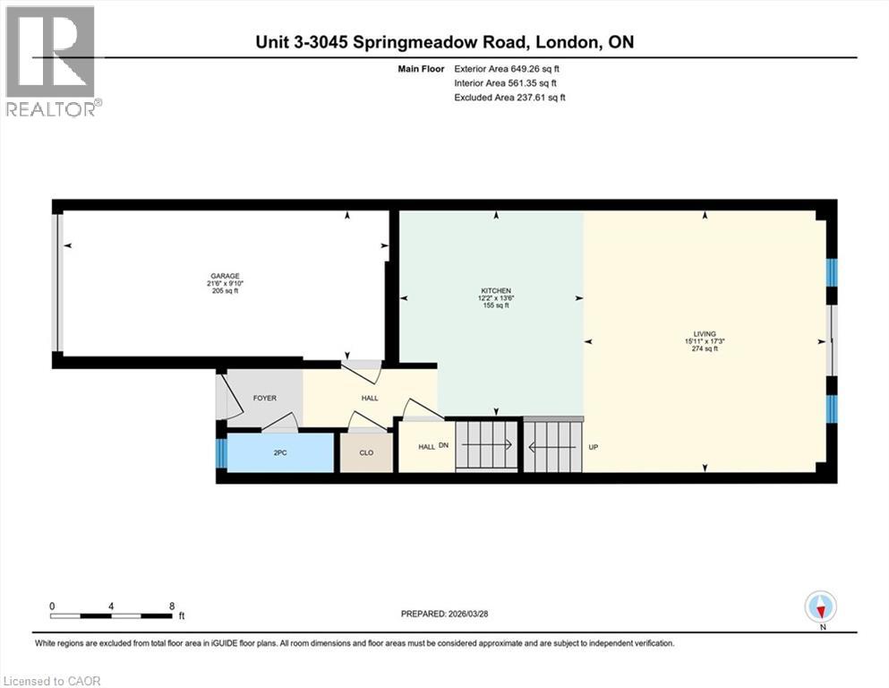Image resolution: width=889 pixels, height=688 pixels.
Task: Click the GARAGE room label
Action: click(x=225, y=276)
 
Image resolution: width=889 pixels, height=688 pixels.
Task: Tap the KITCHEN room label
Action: click(x=496, y=291)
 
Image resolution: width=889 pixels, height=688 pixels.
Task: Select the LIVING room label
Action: click(x=705, y=333)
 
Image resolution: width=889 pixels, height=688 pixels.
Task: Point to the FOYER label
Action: click(x=265, y=399)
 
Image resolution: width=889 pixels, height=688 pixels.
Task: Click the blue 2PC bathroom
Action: click(x=280, y=452)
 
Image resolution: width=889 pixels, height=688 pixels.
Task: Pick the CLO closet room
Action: click(x=366, y=452)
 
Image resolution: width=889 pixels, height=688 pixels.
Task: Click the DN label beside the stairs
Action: click(x=443, y=446)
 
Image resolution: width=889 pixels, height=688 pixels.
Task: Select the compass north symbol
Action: click(x=820, y=607)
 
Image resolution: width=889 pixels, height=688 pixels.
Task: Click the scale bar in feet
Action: click(x=112, y=615)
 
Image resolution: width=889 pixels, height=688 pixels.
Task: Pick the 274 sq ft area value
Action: click(x=705, y=348)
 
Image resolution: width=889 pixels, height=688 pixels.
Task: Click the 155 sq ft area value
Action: click(x=496, y=306)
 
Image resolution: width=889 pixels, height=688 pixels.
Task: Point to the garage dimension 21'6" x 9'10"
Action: click(x=225, y=284)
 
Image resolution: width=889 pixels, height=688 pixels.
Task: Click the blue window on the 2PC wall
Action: click(x=221, y=452)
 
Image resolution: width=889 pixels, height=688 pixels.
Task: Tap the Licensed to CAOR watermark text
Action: click(x=52, y=681)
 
